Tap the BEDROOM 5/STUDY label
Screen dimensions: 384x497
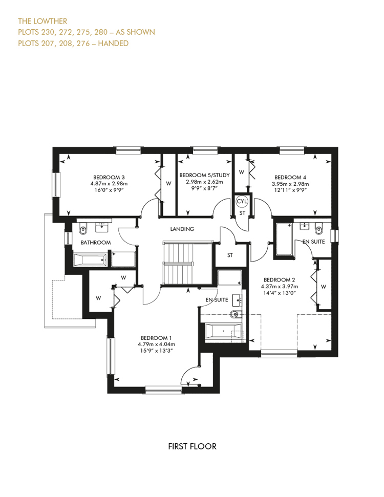click(x=204, y=175)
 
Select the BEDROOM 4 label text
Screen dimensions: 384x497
click(x=290, y=177)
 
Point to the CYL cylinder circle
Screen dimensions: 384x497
click(x=242, y=201)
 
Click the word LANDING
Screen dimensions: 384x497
click(x=182, y=229)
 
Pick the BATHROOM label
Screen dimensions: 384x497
click(x=95, y=243)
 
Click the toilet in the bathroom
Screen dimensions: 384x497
click(x=83, y=229)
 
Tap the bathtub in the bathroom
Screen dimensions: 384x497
click(x=91, y=260)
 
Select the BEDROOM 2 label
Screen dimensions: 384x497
click(x=280, y=280)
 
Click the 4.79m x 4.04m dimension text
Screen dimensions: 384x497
click(x=156, y=344)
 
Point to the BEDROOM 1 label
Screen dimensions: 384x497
click(x=156, y=338)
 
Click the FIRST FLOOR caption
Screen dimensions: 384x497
click(x=192, y=447)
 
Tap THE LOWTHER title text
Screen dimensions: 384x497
click(x=42, y=21)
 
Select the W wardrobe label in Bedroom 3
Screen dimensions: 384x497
click(x=168, y=184)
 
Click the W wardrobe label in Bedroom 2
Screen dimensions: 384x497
click(x=324, y=287)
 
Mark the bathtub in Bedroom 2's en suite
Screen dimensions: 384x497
click(x=284, y=239)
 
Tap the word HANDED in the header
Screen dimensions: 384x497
click(x=113, y=44)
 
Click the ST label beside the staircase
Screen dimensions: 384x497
click(x=230, y=255)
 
